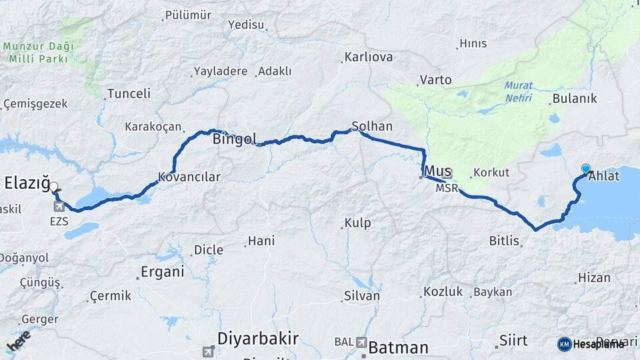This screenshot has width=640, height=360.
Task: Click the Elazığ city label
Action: click(27, 182)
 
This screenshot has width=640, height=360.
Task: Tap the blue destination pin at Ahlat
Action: click(586, 169)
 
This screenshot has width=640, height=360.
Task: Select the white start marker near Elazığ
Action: click(54, 189)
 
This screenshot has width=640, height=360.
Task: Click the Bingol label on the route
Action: click(235, 139)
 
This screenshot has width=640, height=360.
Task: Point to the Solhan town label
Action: click(373, 126)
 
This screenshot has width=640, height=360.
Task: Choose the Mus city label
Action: click(438, 171)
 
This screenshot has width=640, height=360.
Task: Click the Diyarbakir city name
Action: click(259, 338)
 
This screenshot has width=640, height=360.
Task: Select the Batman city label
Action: click(399, 347)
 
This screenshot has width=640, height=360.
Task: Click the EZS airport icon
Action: click(59, 206)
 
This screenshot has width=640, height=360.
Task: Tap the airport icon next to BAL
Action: click(361, 343)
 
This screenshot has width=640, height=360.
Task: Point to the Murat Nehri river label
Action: click(518, 91)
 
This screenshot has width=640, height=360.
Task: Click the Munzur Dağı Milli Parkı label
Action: click(39, 53)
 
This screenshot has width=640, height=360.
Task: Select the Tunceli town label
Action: click(129, 93)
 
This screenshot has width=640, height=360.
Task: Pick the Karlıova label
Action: click(369, 57)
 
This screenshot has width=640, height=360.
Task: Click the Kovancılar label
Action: click(189, 177)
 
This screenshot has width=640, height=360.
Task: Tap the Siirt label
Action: click(513, 341)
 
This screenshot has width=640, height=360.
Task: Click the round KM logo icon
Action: click(565, 344)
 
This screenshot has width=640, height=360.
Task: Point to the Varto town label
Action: click(435, 80)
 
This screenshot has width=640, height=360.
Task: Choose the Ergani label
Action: click(163, 272)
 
